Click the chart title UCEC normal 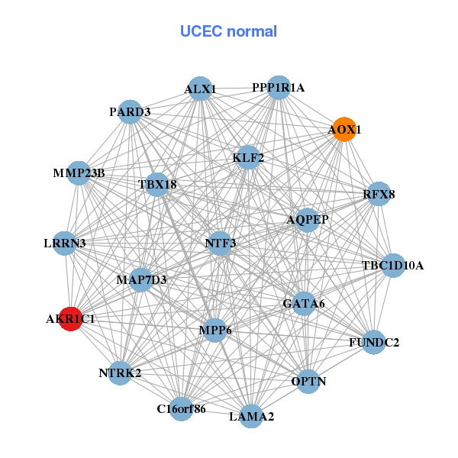point(228,31)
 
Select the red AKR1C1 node point(70,318)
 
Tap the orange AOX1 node point(344,130)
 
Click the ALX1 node point(200,89)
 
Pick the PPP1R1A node point(279,88)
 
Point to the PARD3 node point(131,111)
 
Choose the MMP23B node point(79,173)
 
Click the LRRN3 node point(65,244)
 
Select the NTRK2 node point(120,373)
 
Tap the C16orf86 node point(182,408)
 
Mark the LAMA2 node point(252,416)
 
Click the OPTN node point(308,381)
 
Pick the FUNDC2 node point(374,342)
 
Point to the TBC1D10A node point(392,266)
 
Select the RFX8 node point(379,194)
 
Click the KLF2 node point(249,158)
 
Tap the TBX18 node point(157,184)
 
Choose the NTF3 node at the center point(221,244)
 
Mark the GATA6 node point(304,303)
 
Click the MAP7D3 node point(141,280)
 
